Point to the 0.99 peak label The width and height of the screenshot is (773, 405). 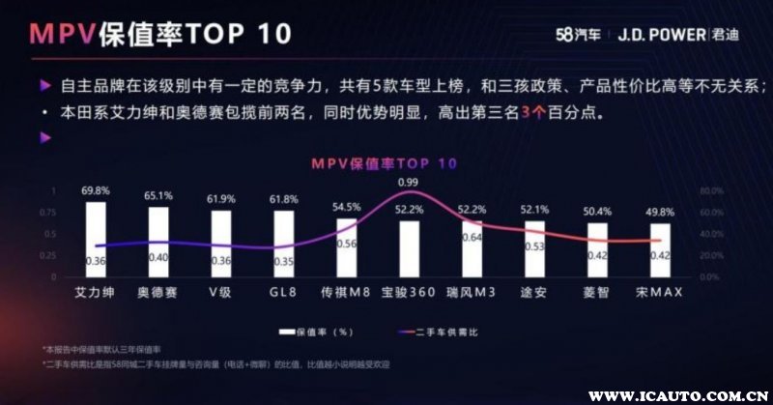point(408,182)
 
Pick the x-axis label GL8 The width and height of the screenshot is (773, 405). point(283,290)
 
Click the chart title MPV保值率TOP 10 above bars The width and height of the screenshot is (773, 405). point(384,163)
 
